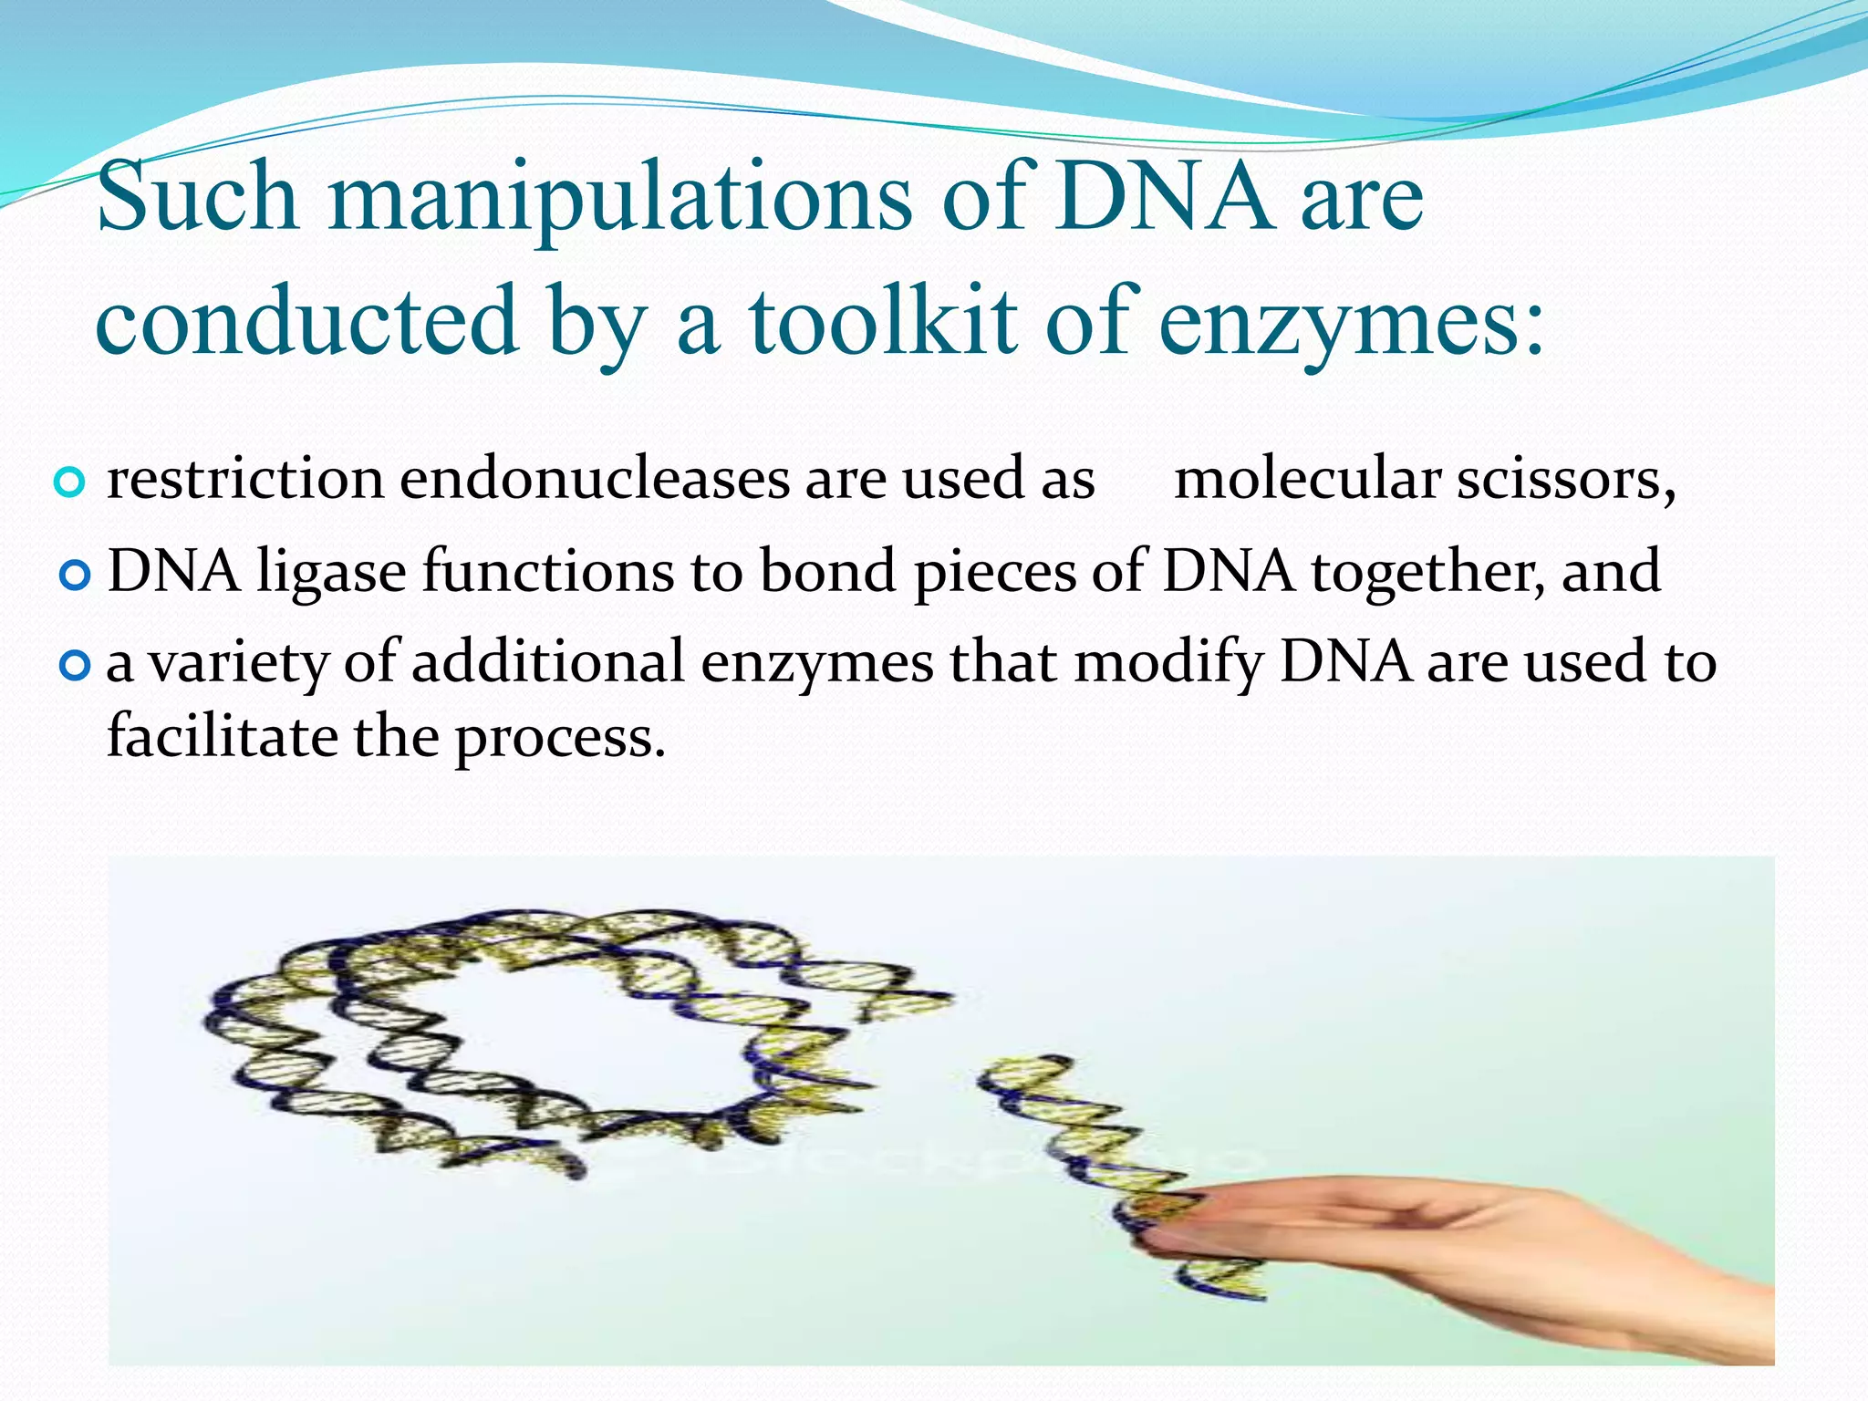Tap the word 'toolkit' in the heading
882,322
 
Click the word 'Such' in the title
197,197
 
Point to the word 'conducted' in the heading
306,320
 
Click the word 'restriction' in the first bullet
245,480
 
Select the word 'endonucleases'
595,480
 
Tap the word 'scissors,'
1565,482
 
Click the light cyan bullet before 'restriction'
70,482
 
